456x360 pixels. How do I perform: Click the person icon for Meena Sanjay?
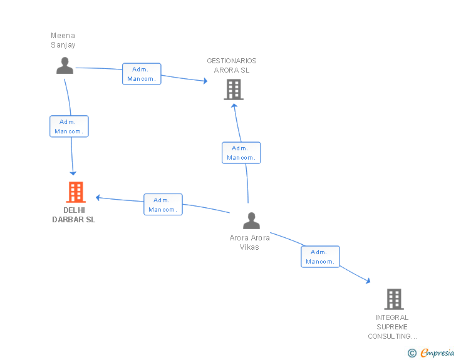click(65, 65)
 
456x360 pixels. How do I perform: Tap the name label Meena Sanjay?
click(63, 40)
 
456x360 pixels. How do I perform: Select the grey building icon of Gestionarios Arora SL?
click(234, 90)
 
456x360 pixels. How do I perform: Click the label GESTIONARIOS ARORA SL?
click(232, 65)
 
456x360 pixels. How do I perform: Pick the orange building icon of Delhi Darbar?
click(75, 192)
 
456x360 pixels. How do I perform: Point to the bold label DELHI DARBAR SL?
click(74, 215)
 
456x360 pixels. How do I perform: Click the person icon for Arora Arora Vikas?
click(251, 221)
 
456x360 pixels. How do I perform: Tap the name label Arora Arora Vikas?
click(249, 242)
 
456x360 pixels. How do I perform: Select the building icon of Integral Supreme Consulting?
click(393, 299)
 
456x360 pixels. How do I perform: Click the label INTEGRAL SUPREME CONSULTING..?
click(392, 327)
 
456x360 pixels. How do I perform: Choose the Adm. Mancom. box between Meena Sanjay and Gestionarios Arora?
click(142, 74)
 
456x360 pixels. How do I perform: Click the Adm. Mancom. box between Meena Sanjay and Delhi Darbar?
click(69, 126)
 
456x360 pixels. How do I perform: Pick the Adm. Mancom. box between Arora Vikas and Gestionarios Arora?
click(241, 153)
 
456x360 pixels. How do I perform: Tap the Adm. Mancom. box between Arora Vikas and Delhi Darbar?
click(163, 205)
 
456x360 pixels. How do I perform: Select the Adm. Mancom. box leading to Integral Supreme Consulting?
click(320, 257)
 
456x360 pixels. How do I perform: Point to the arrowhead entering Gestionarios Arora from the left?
click(204, 81)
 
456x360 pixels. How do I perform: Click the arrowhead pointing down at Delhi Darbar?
click(73, 172)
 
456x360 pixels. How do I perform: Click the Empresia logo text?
click(437, 352)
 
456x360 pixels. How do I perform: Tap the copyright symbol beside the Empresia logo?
click(412, 353)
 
